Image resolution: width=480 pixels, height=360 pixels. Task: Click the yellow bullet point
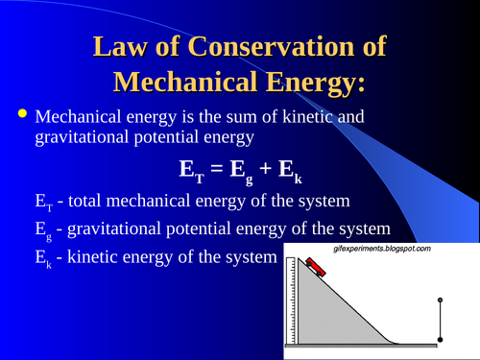pyautogui.click(x=21, y=115)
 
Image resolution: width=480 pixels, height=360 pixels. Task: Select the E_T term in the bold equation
pyautogui.click(x=192, y=171)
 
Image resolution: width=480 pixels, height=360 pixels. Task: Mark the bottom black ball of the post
pyautogui.click(x=441, y=339)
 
